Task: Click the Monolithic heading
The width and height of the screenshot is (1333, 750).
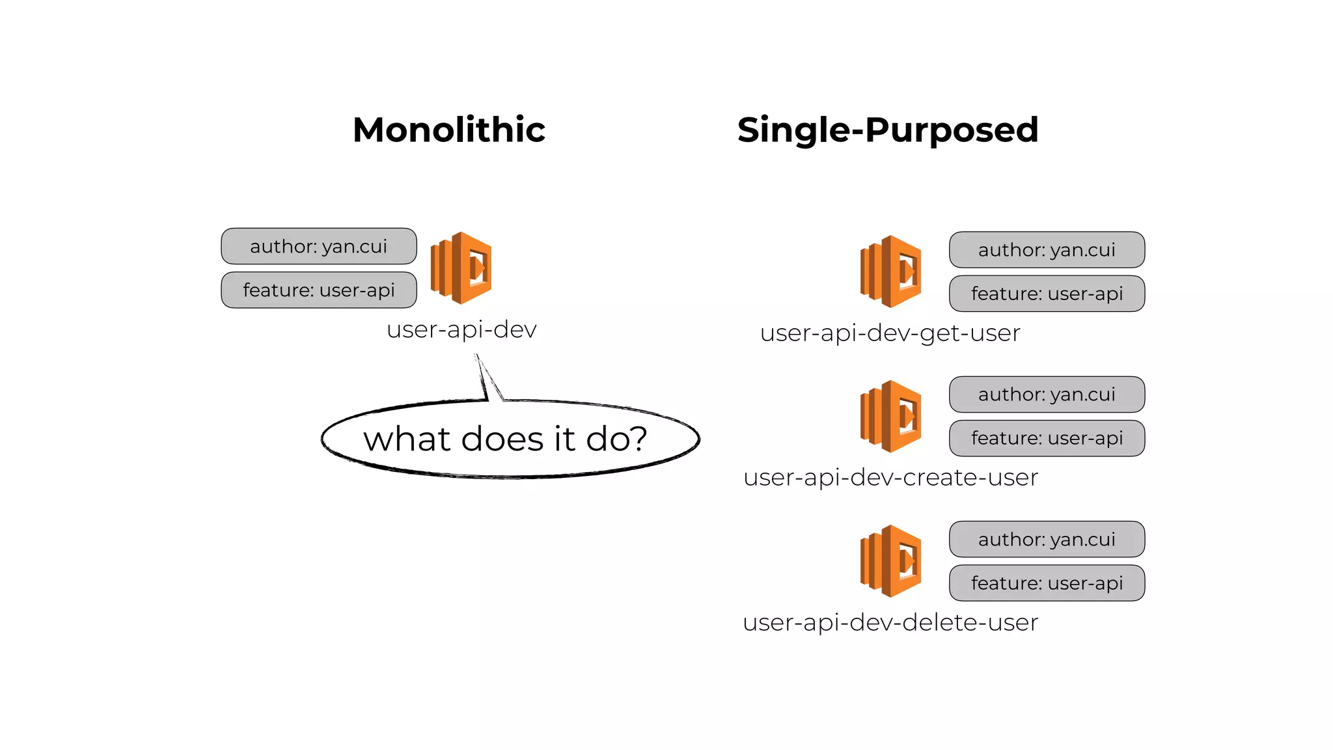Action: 449,130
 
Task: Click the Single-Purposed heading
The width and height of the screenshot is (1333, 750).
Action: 888,130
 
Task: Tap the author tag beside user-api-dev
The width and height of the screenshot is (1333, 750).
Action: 319,246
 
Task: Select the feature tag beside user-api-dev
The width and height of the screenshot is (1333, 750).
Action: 319,290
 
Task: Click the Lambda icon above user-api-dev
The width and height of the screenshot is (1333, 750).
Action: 461,268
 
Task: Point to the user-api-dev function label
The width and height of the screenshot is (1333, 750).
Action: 461,329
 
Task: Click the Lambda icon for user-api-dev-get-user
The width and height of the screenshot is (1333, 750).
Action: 890,271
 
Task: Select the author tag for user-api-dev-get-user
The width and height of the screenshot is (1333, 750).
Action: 1047,250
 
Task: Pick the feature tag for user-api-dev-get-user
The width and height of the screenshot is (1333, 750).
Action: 1047,294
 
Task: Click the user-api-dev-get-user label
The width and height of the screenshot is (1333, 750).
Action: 890,333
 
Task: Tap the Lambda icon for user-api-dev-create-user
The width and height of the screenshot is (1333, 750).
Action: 890,417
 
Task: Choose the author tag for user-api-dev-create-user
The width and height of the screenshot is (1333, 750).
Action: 1047,395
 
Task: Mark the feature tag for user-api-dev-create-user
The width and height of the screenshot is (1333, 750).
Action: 1047,438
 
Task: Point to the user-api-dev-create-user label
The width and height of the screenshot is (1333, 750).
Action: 890,478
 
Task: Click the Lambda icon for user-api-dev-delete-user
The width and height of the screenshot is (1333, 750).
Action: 890,561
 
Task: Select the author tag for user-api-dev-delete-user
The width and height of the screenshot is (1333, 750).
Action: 1047,539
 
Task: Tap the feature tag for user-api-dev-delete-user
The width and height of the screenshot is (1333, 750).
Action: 1047,583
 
